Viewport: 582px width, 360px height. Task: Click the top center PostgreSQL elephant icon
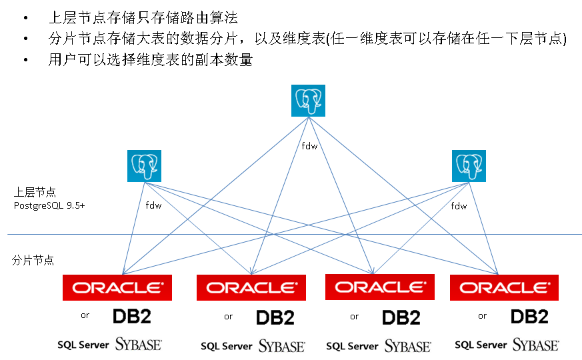307,101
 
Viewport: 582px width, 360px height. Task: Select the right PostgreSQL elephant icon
469,166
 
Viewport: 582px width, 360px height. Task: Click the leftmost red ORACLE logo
117,287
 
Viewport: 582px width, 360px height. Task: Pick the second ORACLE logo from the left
251,287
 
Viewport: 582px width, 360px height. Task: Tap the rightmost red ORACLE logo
504,287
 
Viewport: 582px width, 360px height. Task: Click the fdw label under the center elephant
309,146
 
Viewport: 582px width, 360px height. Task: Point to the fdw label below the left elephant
153,206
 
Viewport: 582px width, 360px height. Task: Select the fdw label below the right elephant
459,206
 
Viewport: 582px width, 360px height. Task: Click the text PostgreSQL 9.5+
49,205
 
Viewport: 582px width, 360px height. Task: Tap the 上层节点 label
34,192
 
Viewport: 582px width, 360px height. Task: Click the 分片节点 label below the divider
33,261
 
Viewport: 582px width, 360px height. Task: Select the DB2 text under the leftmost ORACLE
132,316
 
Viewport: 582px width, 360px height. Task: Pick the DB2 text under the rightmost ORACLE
529,316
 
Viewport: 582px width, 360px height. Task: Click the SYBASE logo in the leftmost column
139,344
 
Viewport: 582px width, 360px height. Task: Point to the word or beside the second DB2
229,317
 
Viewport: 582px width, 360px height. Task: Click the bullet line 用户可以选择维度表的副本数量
150,59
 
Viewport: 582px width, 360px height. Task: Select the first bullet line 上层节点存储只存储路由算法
143,18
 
